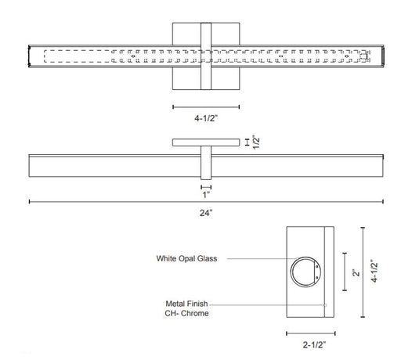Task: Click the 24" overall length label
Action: [206, 213]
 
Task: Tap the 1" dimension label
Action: [206, 195]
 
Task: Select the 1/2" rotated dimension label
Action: [256, 142]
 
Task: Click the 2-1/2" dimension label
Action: [314, 345]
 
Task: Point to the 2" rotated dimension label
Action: [356, 272]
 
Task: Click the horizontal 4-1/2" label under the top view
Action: [206, 118]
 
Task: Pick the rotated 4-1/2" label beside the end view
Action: [374, 271]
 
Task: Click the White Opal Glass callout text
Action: [186, 258]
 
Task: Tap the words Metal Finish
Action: [186, 304]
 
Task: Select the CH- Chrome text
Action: [186, 313]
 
